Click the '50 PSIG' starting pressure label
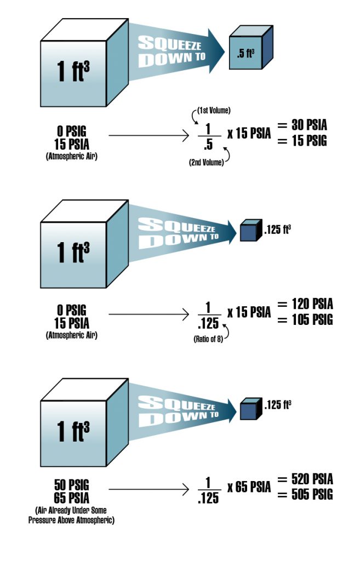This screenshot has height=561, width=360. point(71,484)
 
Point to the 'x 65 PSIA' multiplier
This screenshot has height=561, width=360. point(249,486)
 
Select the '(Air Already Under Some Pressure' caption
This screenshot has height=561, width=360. point(71,510)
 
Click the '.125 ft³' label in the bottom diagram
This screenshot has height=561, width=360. point(277,405)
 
